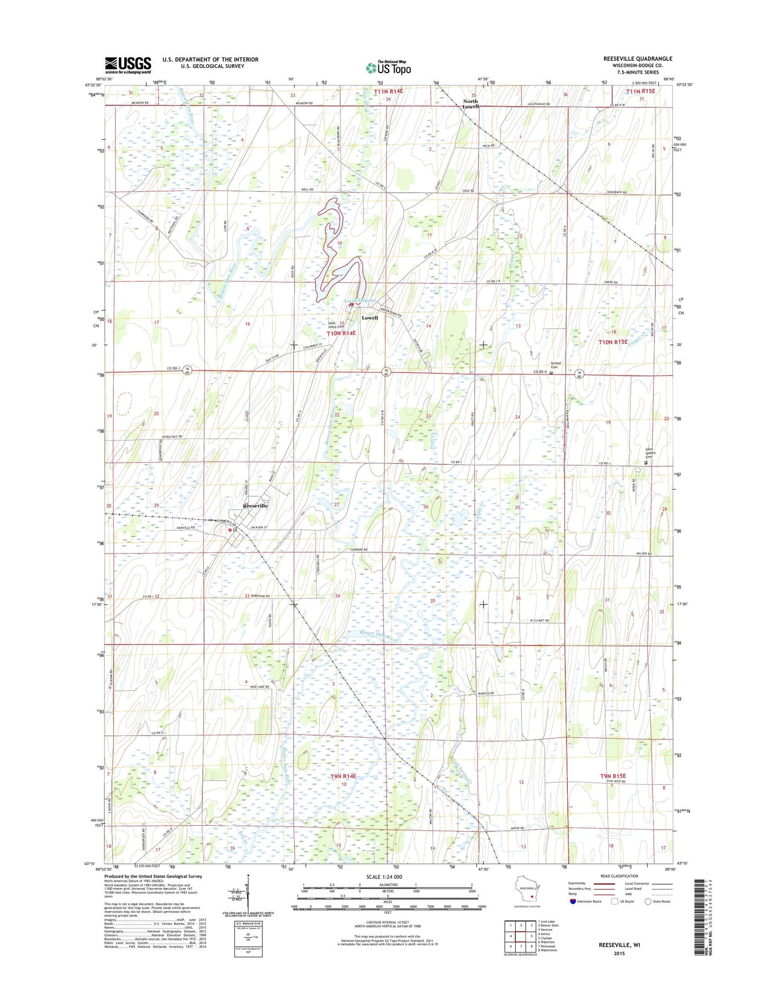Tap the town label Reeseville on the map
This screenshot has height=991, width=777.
(x=255, y=506)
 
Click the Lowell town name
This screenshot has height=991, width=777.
(x=369, y=317)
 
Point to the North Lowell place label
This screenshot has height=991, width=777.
(x=471, y=104)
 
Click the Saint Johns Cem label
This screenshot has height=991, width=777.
(x=336, y=325)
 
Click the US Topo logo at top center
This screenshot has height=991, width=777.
(x=388, y=68)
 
